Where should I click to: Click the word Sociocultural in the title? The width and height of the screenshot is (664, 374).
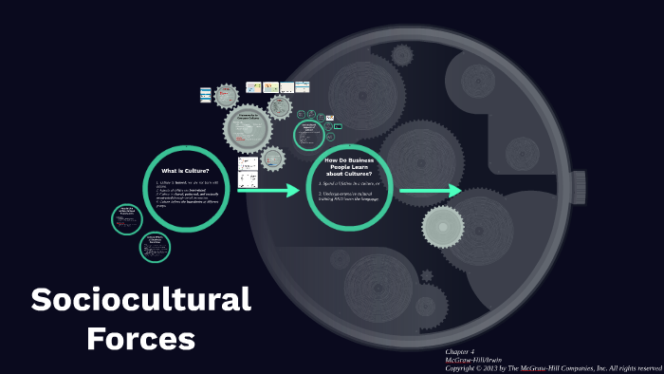click(x=140, y=300)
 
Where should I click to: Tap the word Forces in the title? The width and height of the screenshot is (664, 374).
click(x=140, y=338)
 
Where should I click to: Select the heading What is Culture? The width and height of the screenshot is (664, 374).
click(x=186, y=171)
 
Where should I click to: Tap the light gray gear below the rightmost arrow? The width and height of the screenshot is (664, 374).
click(x=442, y=226)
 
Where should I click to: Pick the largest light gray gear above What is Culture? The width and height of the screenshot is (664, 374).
click(x=248, y=127)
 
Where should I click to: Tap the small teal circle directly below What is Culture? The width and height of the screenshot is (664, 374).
click(x=154, y=246)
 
